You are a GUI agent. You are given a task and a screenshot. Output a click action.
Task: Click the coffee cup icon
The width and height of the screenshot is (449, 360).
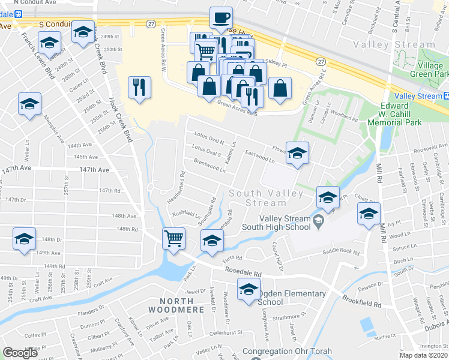coord(221,18)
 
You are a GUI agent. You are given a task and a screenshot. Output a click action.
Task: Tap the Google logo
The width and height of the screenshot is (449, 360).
coord(20,353)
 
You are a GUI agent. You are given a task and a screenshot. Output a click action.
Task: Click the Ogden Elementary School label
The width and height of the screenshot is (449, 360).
coord(291,298)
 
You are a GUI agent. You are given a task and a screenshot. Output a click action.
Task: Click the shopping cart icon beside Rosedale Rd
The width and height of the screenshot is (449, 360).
coord(173,239)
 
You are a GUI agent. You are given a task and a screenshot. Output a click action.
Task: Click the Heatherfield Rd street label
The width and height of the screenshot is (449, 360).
coord(181,185)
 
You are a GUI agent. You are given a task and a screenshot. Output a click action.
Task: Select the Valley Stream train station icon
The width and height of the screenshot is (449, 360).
coord(445,96)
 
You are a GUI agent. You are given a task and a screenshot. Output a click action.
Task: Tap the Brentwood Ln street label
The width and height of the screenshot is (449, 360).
coord(209,164)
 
